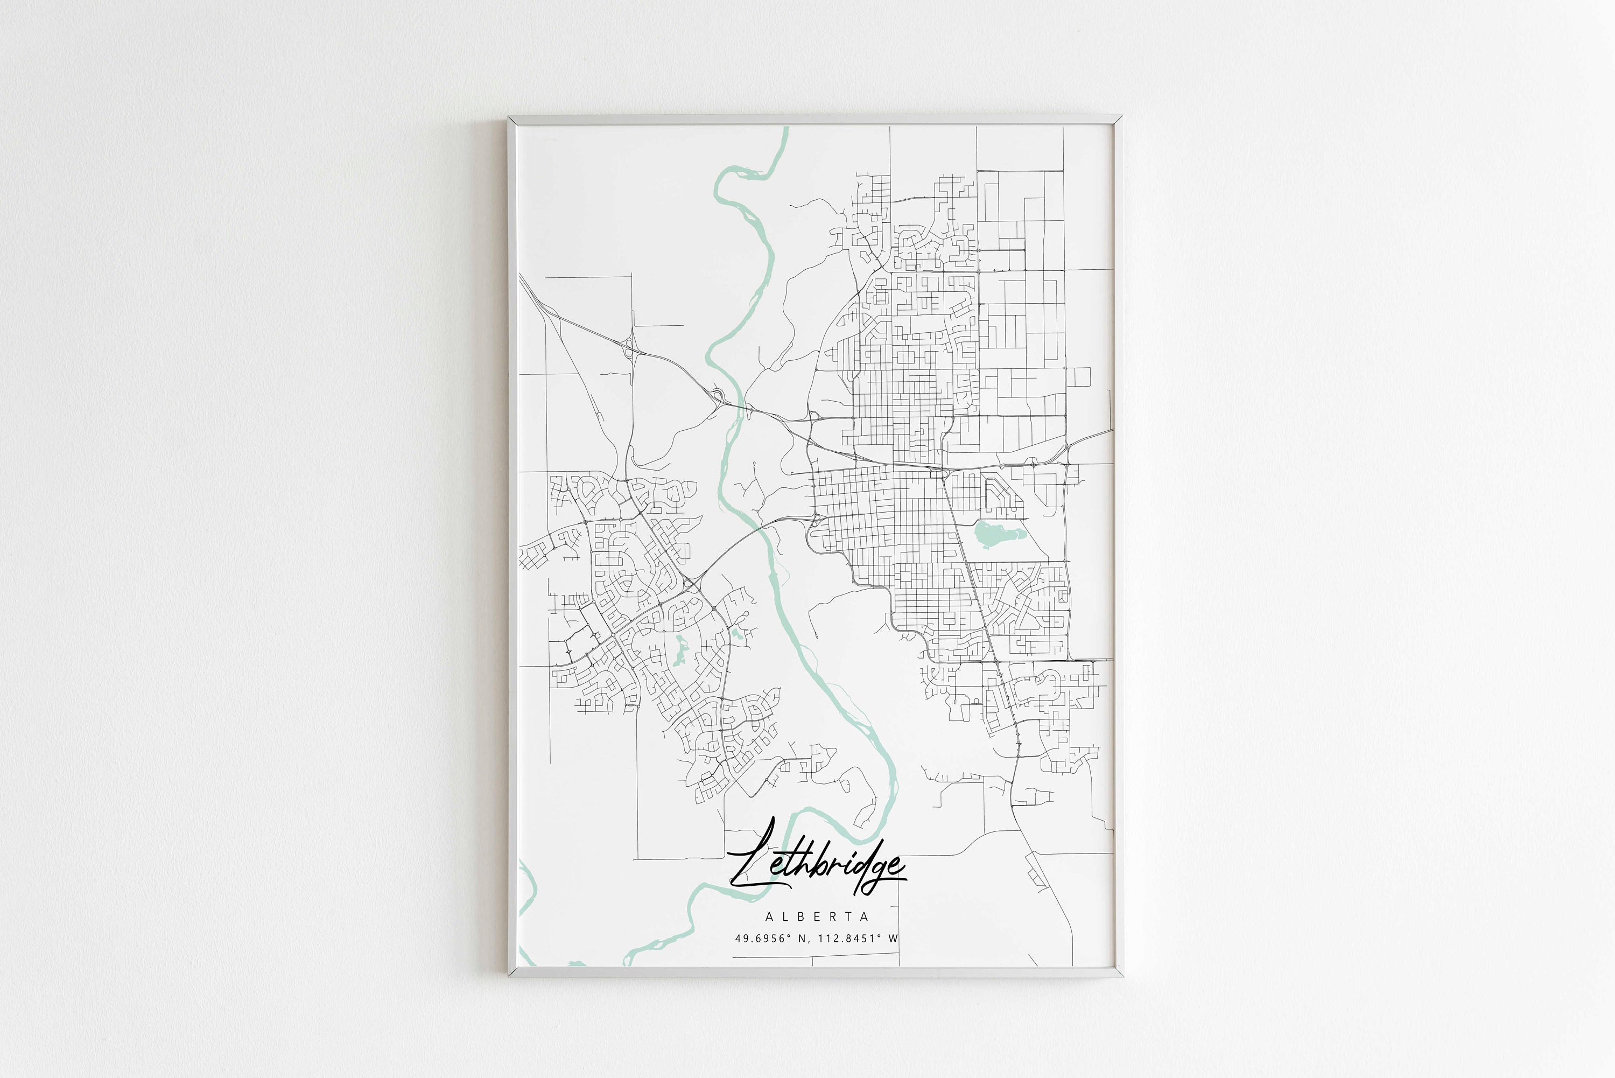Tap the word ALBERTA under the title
[817, 916]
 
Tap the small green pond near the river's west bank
[736, 633]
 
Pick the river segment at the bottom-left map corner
[526, 894]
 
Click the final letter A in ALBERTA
[865, 916]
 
